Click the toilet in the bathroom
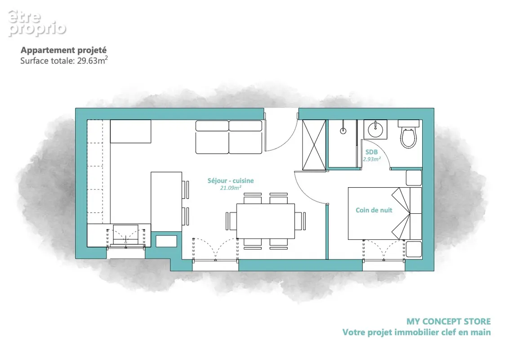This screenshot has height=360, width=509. pyautogui.click(x=409, y=134)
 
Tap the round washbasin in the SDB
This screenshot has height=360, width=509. pyautogui.click(x=375, y=130)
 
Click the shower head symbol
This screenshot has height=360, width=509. pyautogui.click(x=343, y=130)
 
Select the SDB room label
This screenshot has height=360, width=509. pyautogui.click(x=371, y=152)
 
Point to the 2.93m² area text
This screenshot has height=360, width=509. pyautogui.click(x=372, y=159)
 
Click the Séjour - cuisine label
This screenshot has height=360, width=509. pyautogui.click(x=231, y=180)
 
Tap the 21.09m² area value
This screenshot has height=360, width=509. pyautogui.click(x=231, y=188)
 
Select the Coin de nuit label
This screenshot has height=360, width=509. pyautogui.click(x=374, y=210)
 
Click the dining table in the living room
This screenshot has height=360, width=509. pyautogui.click(x=266, y=221)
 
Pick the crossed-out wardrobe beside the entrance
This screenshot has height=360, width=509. pyautogui.click(x=314, y=145)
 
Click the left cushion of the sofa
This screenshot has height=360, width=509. pyautogui.click(x=212, y=137)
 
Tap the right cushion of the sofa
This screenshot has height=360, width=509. pyautogui.click(x=246, y=137)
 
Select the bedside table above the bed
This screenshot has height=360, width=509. pyautogui.click(x=414, y=178)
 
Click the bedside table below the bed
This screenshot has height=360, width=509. pyautogui.click(x=414, y=248)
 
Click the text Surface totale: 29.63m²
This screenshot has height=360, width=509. pyautogui.click(x=64, y=60)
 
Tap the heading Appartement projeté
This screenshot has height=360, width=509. pyautogui.click(x=64, y=50)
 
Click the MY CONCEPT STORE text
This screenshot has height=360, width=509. pyautogui.click(x=449, y=321)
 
